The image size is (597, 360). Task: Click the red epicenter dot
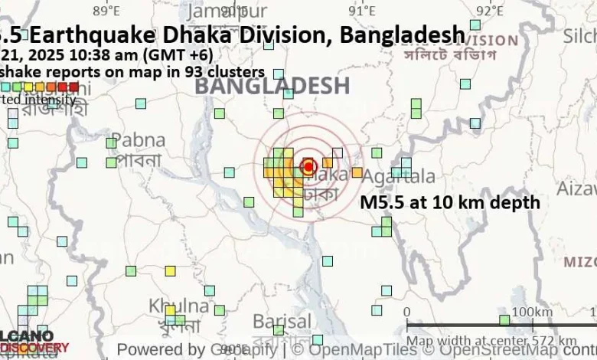pyautogui.click(x=308, y=166)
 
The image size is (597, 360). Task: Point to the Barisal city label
pyautogui.click(x=280, y=320)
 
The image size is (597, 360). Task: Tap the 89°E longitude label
pyautogui.click(x=106, y=10)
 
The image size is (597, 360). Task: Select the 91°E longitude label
pyautogui.click(x=361, y=10)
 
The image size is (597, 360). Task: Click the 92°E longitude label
pyautogui.click(x=488, y=10)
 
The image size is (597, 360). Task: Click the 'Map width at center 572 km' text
pyautogui.click(x=491, y=340)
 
